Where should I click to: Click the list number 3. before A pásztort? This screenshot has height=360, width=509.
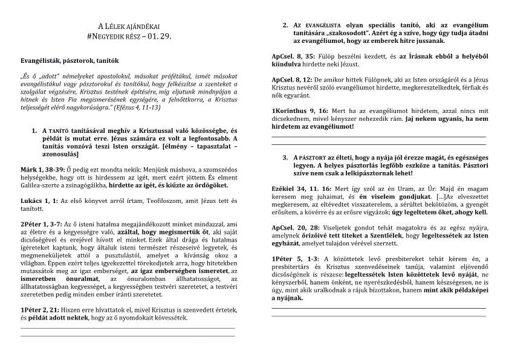(x=285, y=157)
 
